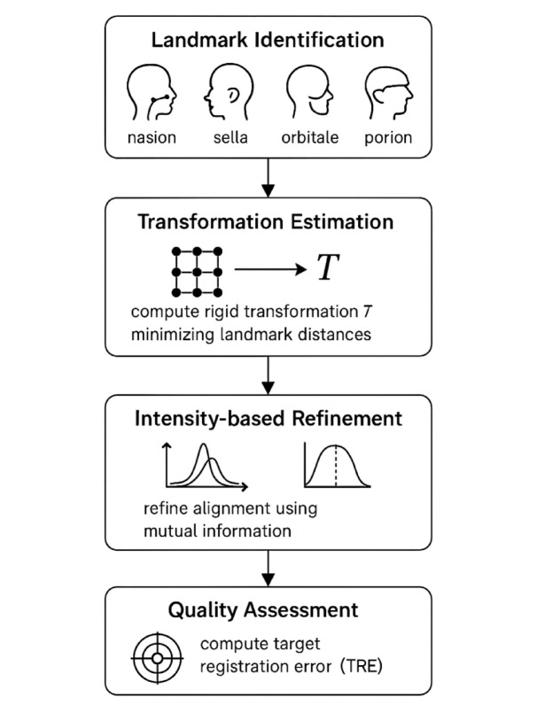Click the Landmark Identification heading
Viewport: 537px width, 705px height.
(x=268, y=41)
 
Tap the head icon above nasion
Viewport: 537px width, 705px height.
(x=152, y=93)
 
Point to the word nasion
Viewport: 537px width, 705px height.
(x=152, y=137)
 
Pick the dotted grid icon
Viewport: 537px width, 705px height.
(x=198, y=271)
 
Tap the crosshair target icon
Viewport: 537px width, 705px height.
(x=156, y=658)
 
